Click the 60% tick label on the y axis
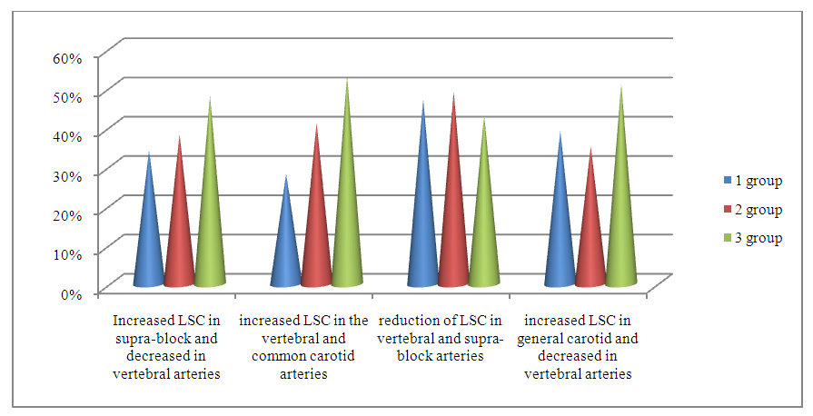(69, 56)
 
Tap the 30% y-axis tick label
(69, 174)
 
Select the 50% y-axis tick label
(69, 95)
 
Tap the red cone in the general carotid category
(590, 236)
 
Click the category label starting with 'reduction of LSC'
(440, 338)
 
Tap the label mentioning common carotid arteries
(302, 347)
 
